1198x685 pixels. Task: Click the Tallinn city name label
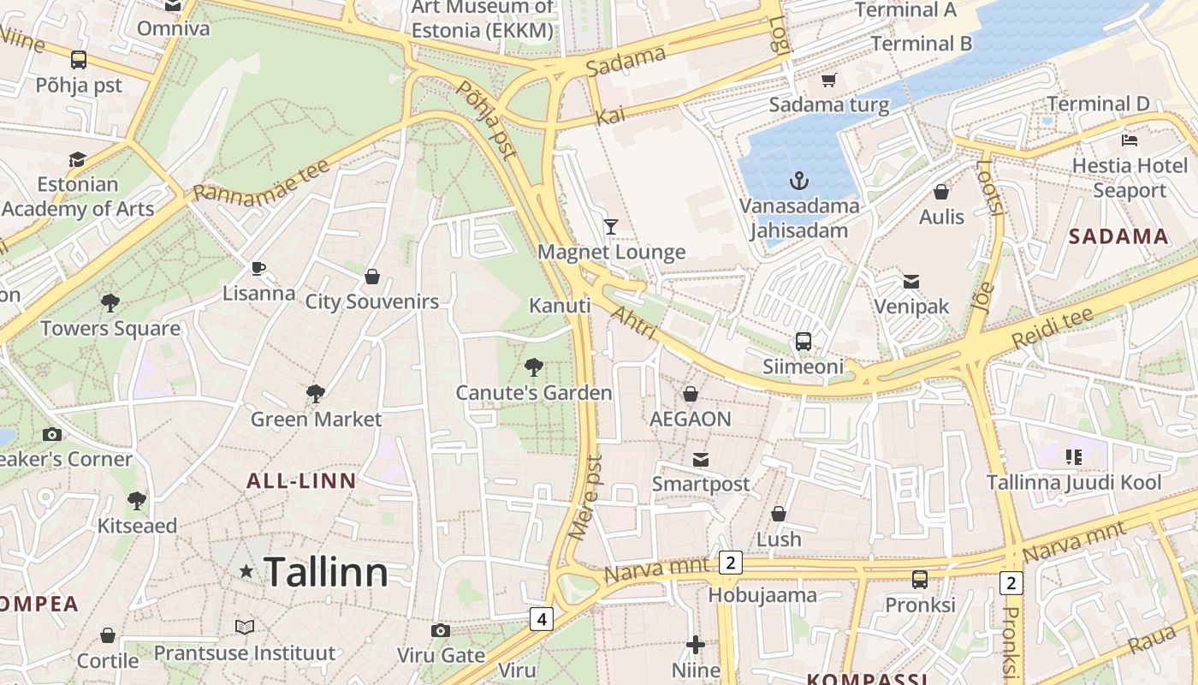point(325,572)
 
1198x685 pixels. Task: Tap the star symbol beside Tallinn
point(246,570)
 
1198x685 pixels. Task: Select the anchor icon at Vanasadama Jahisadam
point(798,181)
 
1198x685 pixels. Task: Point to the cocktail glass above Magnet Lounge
point(610,226)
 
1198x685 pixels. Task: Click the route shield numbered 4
point(541,618)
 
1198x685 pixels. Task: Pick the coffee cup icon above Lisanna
point(258,268)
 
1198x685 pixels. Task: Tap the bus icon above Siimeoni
point(803,341)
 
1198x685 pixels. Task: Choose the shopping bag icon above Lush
point(779,514)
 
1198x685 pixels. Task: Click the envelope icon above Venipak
point(911,281)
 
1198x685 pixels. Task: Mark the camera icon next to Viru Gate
point(441,631)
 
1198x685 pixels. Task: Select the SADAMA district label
point(1118,237)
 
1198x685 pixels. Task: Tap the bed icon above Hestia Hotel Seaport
point(1130,140)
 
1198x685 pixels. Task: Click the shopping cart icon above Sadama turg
point(827,80)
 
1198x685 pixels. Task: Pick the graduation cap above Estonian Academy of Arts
point(77,159)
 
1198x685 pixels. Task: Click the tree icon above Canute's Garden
point(534,367)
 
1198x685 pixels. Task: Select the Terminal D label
point(1099,104)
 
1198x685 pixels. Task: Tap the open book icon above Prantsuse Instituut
point(245,628)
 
